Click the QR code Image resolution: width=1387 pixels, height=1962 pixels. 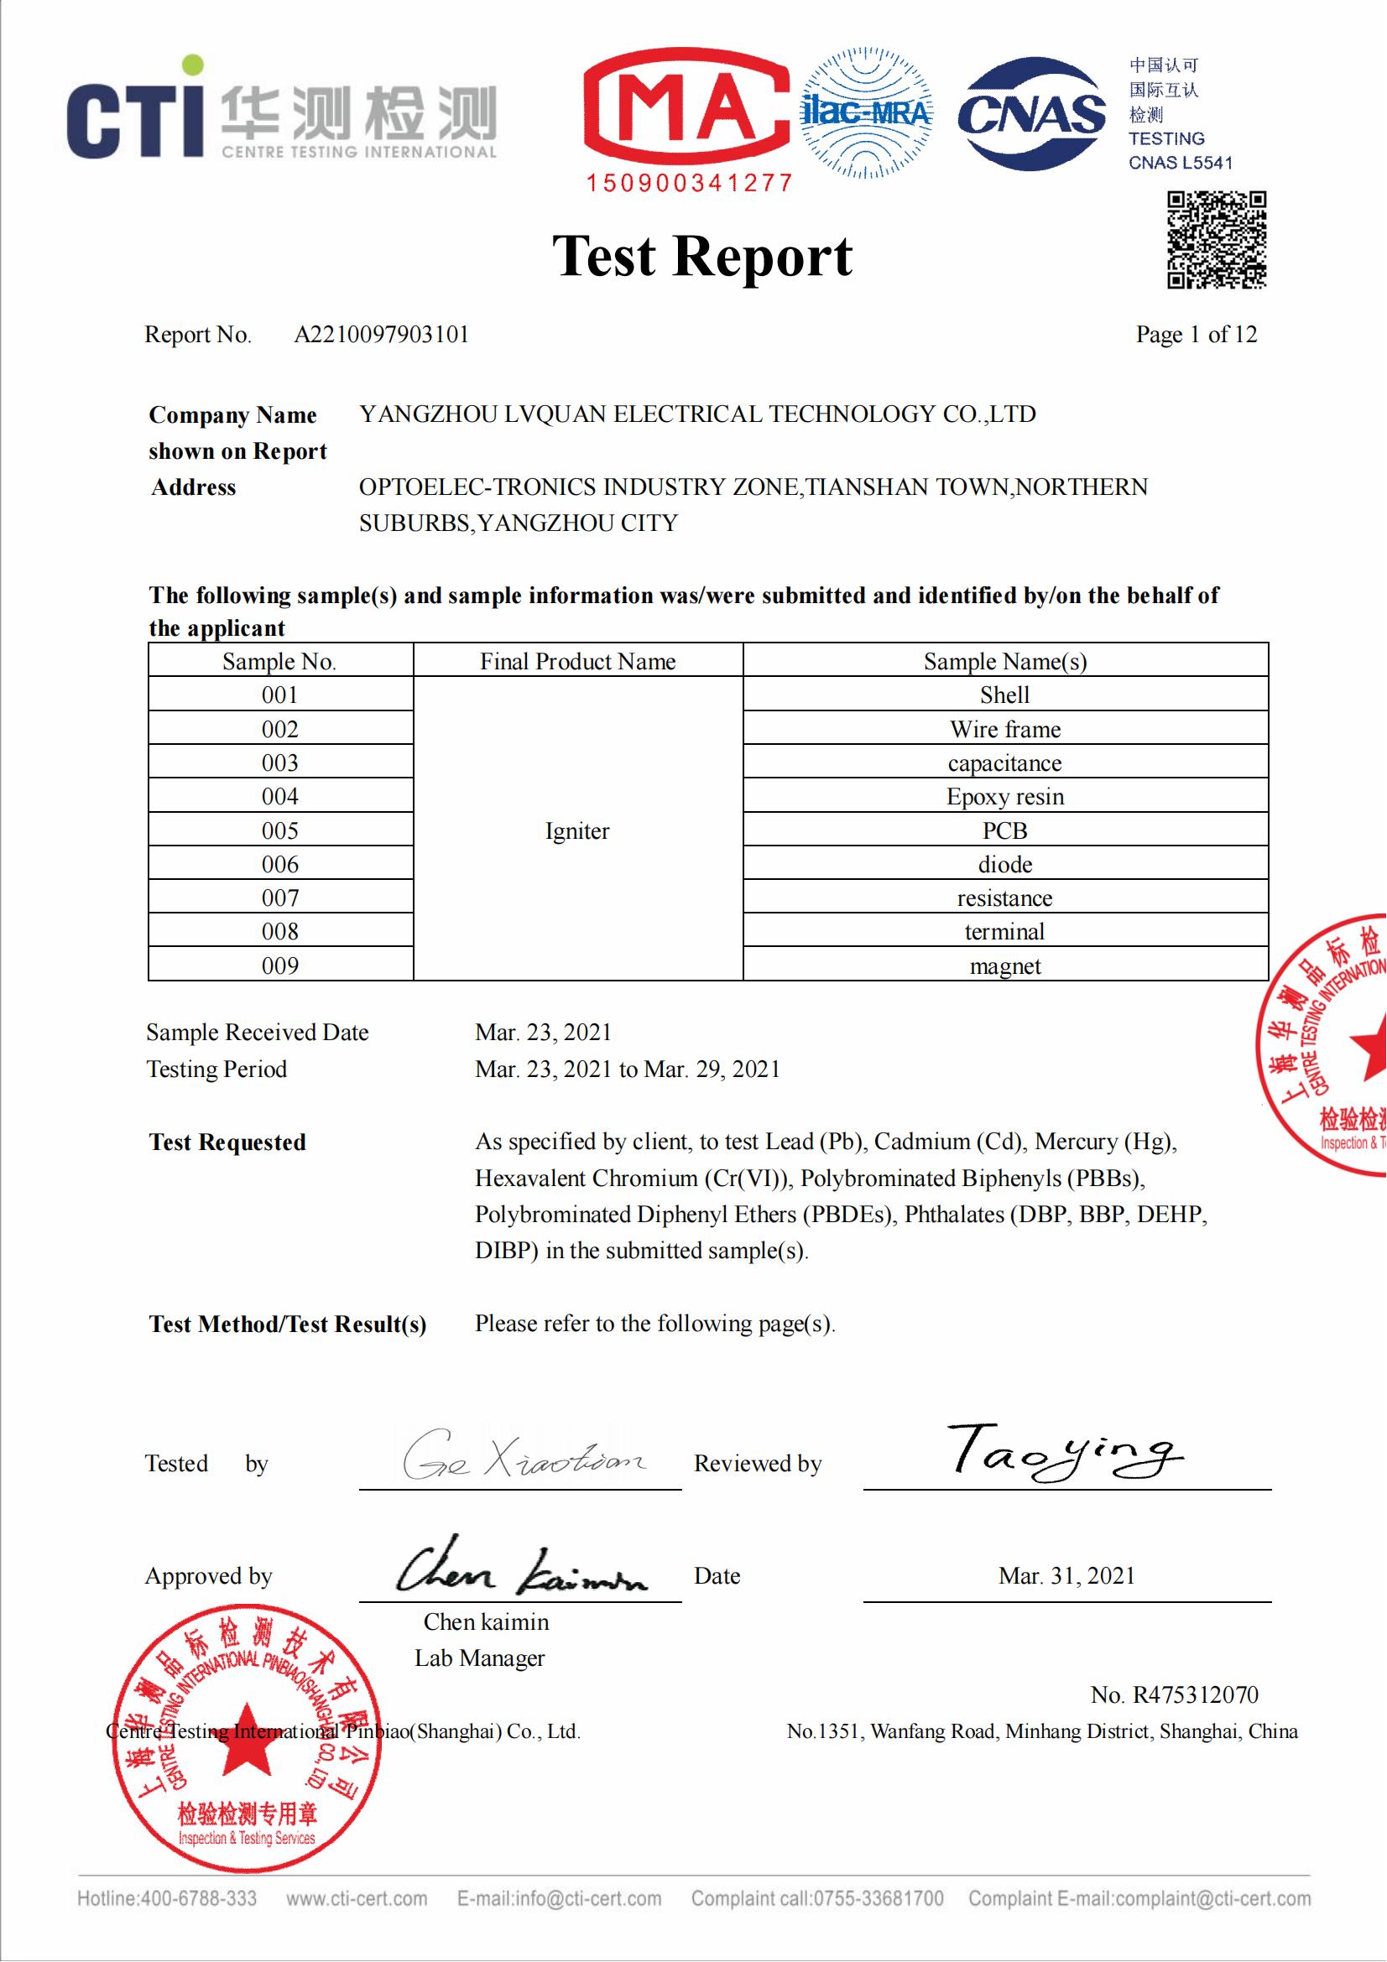click(x=1216, y=240)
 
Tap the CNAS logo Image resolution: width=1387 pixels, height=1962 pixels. click(x=1031, y=113)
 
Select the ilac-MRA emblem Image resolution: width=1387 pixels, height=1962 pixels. click(x=866, y=112)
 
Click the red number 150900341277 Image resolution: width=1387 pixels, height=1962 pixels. click(x=690, y=183)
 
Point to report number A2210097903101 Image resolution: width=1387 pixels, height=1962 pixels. click(x=382, y=334)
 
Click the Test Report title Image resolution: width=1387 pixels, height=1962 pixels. click(x=701, y=256)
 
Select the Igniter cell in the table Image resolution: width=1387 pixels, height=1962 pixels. click(x=577, y=830)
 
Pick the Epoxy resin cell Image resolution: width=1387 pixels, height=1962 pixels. click(x=1005, y=796)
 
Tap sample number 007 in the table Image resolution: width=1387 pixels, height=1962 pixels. click(x=280, y=898)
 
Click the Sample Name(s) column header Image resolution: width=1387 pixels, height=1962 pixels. click(x=1005, y=661)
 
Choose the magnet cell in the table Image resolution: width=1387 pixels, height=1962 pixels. click(x=1005, y=966)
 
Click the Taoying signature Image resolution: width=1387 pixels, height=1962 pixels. click(x=1065, y=1451)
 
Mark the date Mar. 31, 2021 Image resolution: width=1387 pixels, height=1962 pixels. click(x=1066, y=1576)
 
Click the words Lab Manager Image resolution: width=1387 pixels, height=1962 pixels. click(x=479, y=1658)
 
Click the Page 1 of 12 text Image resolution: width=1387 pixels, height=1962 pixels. click(x=1196, y=334)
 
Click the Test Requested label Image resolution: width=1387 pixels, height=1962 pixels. click(x=227, y=1142)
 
